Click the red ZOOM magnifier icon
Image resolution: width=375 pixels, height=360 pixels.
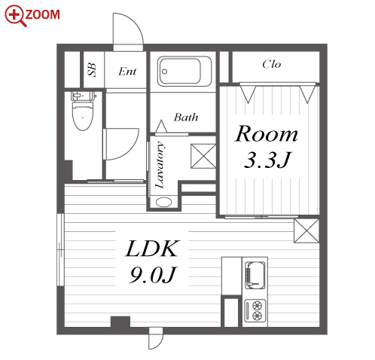click(15, 16)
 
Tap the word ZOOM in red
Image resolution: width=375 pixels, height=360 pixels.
click(43, 14)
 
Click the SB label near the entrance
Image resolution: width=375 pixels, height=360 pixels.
click(92, 69)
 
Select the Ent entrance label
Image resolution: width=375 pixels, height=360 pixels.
click(127, 72)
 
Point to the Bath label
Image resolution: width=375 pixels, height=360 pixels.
click(186, 117)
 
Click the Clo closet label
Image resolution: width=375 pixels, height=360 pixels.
click(272, 64)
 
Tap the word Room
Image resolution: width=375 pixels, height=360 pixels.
click(267, 133)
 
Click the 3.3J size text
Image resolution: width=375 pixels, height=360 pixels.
click(267, 160)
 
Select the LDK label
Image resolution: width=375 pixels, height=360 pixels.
click(152, 249)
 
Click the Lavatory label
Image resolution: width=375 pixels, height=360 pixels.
click(160, 165)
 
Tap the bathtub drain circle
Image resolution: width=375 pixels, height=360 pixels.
click(165, 72)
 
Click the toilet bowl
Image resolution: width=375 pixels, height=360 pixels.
click(83, 116)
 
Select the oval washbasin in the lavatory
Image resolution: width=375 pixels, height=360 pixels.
click(163, 202)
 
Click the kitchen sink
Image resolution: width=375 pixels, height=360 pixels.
click(255, 275)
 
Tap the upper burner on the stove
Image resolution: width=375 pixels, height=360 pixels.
click(258, 306)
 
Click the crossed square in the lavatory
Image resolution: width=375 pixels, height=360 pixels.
click(203, 156)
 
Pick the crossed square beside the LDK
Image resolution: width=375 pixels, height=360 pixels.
click(306, 231)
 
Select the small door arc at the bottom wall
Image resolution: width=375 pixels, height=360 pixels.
click(156, 338)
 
